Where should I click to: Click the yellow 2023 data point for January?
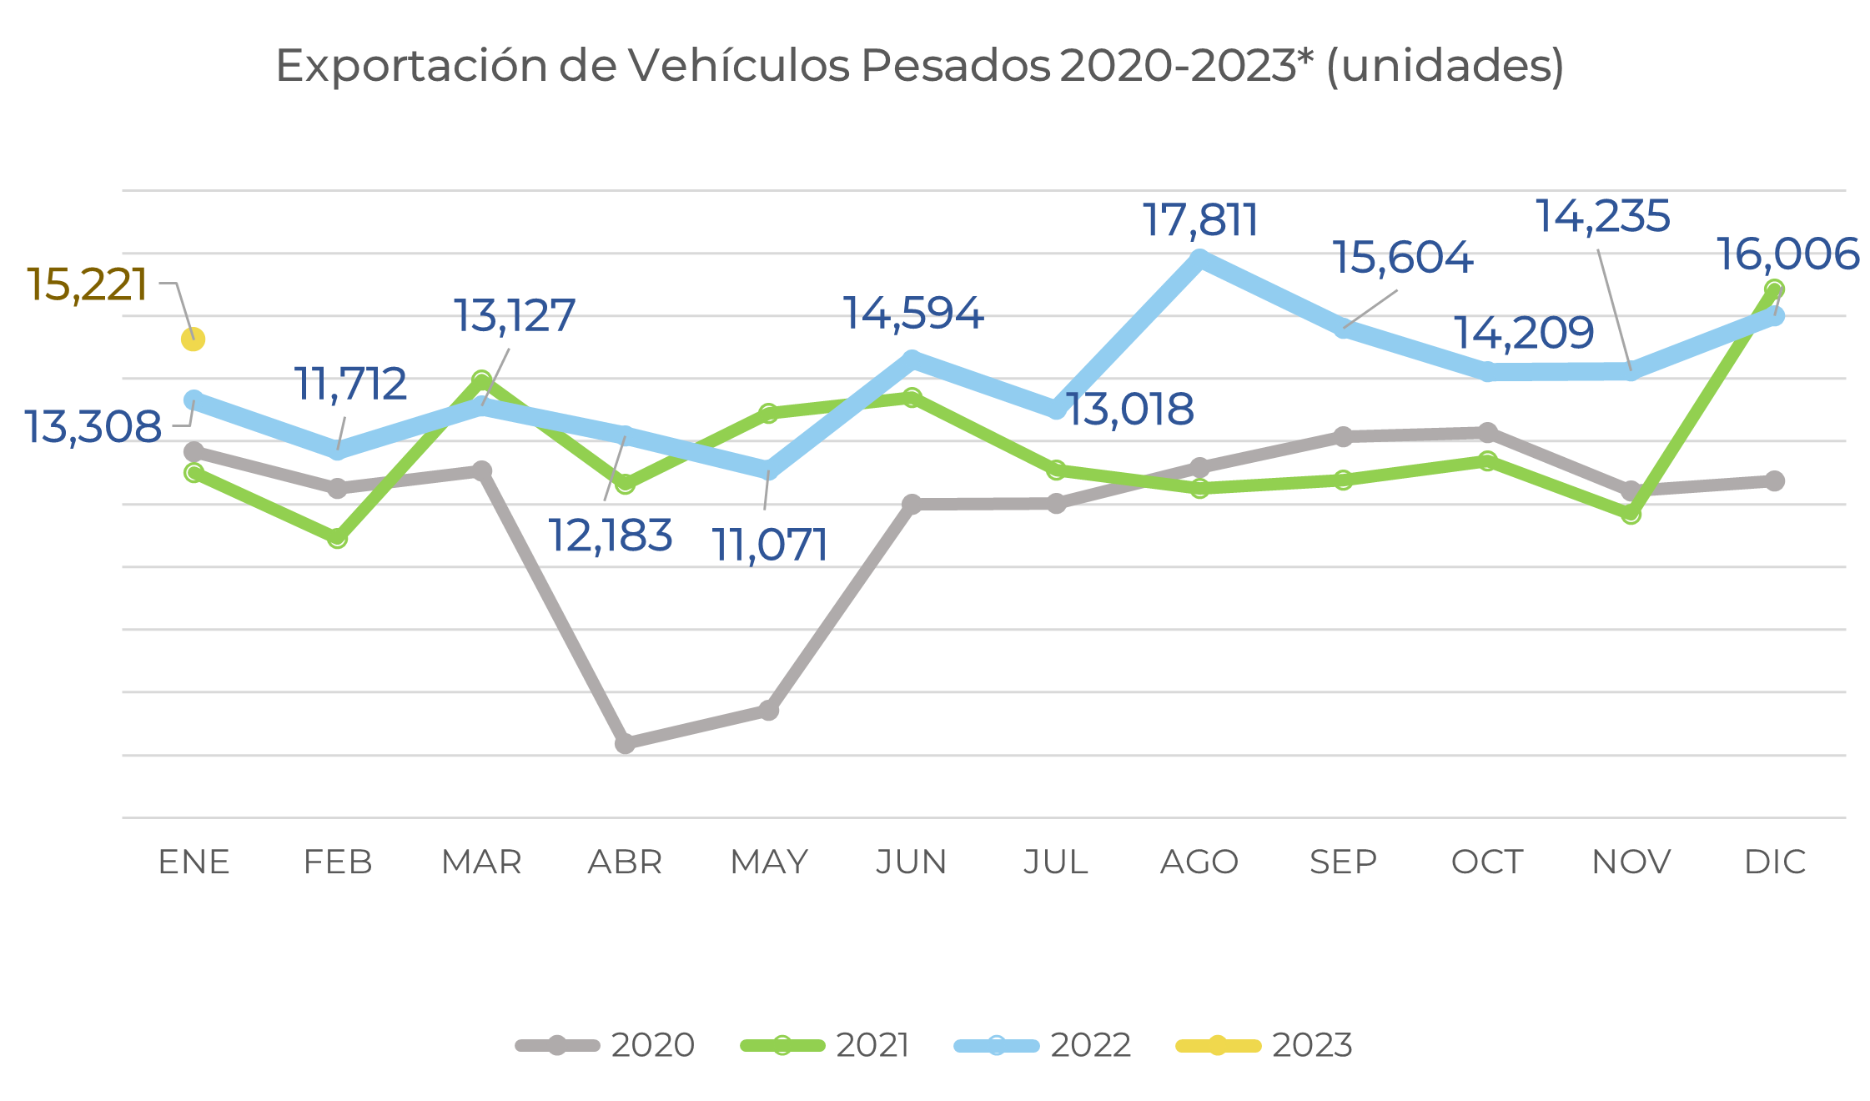(193, 339)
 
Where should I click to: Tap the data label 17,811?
(1199, 220)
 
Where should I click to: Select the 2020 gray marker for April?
(625, 742)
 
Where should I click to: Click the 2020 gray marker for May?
(768, 711)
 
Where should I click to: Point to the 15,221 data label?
(88, 285)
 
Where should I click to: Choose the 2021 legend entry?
(825, 1045)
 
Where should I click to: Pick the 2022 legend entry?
(1043, 1045)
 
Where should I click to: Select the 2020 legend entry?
(606, 1045)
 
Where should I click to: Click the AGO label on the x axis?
(1199, 862)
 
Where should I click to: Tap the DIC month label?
(1774, 862)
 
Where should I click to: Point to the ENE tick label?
(194, 862)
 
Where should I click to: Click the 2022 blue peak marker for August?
(1199, 259)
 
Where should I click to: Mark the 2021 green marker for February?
(337, 538)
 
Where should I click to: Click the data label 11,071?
(769, 545)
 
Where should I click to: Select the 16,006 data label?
(1787, 254)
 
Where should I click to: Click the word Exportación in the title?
(411, 66)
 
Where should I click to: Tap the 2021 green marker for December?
(1774, 289)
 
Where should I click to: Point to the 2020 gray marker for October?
(1487, 432)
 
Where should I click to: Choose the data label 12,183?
(610, 535)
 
